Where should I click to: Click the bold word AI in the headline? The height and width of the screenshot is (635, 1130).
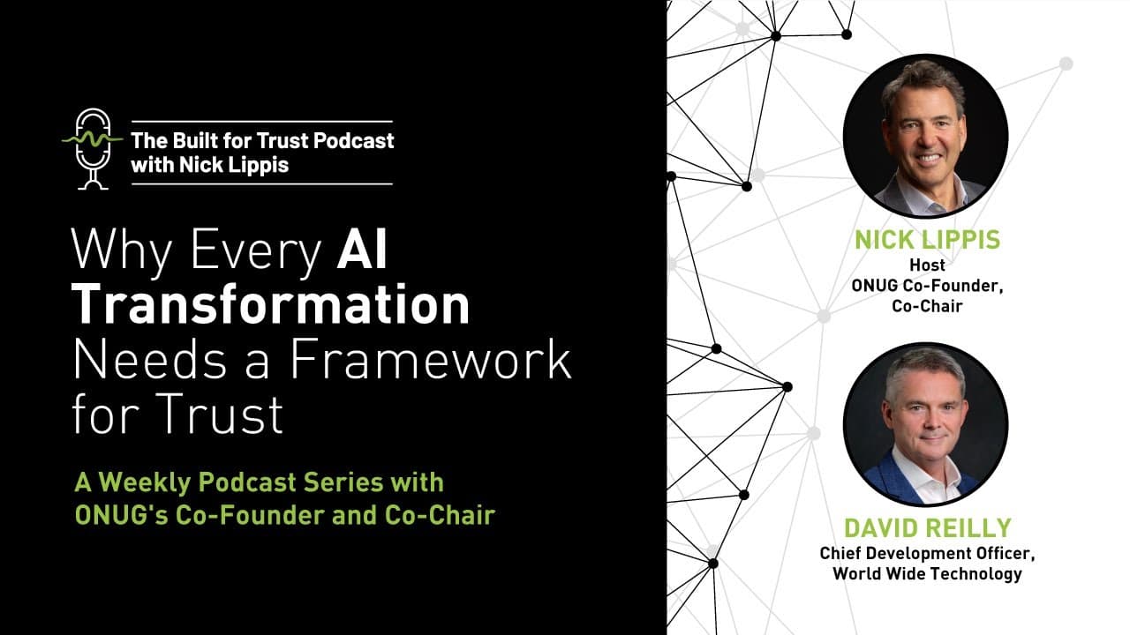point(362,252)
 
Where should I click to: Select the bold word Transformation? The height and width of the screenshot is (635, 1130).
point(270,305)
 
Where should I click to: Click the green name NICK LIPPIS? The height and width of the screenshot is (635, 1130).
point(927,239)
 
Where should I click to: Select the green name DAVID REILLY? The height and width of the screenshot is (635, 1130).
point(926,528)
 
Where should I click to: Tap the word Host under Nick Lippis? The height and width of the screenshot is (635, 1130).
point(927,265)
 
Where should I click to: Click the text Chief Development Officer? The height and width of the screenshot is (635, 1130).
point(927,554)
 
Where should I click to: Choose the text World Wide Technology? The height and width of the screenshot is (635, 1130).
point(927,574)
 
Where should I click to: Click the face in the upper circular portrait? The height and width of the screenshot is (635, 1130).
point(923,129)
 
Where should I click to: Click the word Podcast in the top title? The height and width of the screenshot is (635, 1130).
point(353,140)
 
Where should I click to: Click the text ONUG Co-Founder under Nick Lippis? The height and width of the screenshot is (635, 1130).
point(927,285)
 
